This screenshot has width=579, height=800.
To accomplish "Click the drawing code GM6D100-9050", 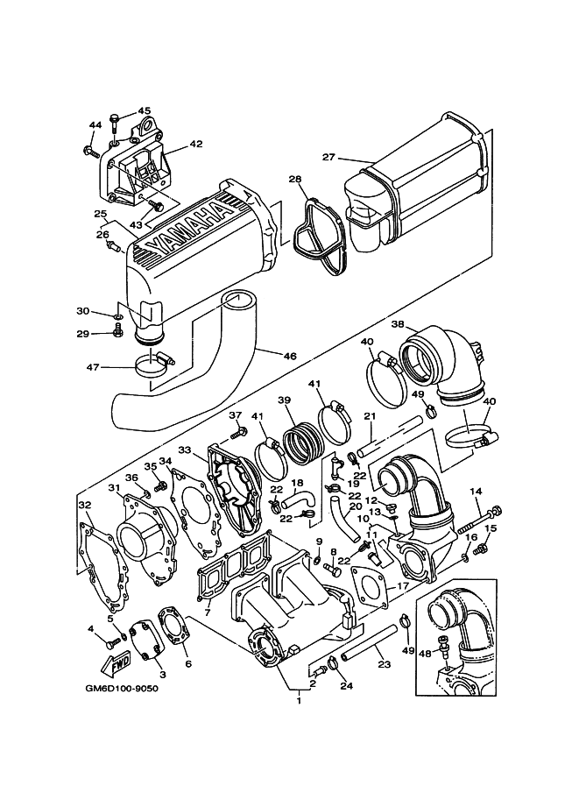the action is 122,689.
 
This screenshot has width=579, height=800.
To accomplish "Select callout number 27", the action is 329,157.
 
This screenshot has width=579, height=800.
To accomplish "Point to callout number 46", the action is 289,356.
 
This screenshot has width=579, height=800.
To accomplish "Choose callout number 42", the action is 196,145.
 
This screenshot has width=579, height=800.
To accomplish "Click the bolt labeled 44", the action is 91,151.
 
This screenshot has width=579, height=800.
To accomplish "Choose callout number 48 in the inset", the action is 425,653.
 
